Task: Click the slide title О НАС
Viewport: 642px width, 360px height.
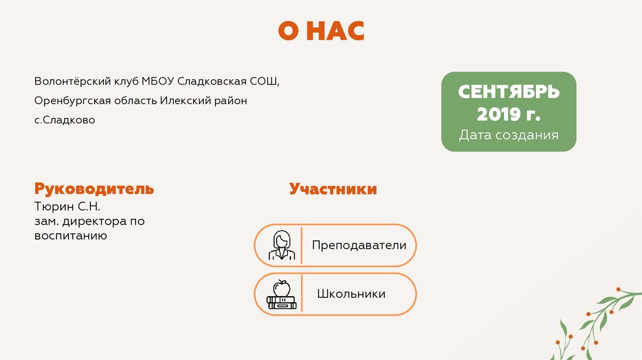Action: point(321,31)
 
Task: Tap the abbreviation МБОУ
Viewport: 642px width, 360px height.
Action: point(158,82)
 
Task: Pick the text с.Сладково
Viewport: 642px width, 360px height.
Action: point(65,119)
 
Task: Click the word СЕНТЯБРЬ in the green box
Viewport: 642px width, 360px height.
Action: point(508,93)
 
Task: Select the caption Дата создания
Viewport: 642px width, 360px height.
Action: point(508,135)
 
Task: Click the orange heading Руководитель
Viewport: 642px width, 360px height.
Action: point(94,189)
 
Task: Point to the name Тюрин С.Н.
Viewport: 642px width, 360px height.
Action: point(68,206)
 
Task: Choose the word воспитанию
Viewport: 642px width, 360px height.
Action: point(71,236)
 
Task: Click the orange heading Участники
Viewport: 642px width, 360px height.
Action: point(333,189)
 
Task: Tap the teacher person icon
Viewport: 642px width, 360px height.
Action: point(280,245)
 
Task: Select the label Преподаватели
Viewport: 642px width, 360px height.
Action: point(359,245)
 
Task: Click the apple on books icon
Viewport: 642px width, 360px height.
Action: point(280,294)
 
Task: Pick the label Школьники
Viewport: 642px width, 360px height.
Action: point(351,294)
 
